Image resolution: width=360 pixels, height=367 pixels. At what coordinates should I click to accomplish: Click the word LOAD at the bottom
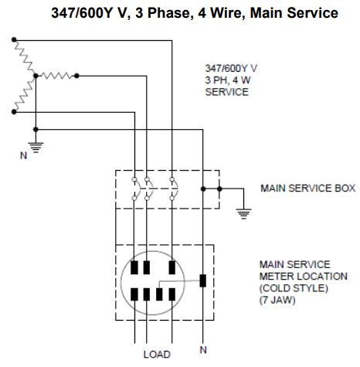tap(157, 355)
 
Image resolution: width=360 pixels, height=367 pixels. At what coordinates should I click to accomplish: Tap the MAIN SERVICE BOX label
tap(308, 189)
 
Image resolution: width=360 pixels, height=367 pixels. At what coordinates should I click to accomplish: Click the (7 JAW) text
tap(277, 301)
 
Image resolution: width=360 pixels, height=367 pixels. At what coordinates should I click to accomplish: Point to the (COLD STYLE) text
tap(294, 288)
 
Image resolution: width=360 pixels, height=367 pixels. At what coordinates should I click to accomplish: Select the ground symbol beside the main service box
tap(243, 213)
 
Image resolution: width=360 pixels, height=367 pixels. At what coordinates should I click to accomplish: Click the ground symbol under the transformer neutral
tap(36, 148)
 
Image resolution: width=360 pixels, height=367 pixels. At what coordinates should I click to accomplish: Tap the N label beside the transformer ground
tap(23, 155)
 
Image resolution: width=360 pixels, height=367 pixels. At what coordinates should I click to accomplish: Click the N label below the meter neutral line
tap(203, 350)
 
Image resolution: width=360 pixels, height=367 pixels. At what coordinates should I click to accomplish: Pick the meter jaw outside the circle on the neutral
tap(203, 280)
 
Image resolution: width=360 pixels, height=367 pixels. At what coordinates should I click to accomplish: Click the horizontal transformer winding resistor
tap(56, 76)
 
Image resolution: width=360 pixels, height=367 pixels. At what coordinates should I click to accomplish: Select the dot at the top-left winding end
tap(14, 39)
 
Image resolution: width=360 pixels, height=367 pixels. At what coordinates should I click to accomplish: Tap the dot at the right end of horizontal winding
tap(76, 76)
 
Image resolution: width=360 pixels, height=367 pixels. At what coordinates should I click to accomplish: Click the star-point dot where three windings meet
tap(36, 76)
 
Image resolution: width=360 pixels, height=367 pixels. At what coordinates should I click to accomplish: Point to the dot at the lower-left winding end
tap(14, 112)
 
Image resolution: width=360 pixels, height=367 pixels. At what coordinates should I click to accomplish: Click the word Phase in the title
tap(168, 13)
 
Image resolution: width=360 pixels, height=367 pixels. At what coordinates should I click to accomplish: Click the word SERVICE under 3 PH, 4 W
tap(227, 92)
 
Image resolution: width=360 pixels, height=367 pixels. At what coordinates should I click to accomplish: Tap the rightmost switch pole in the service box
tap(173, 189)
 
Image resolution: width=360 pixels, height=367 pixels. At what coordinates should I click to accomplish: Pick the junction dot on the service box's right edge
tap(219, 189)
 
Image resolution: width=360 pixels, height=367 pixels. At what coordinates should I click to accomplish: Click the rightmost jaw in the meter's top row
tap(172, 267)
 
